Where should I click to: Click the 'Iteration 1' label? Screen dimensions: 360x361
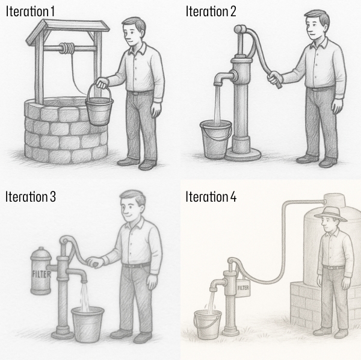point(30,11)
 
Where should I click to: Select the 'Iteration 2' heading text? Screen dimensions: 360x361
point(212,11)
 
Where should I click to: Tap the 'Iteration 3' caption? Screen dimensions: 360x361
point(31,196)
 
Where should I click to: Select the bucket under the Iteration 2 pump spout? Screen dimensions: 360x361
point(215,138)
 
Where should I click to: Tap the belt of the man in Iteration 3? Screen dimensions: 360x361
point(137,265)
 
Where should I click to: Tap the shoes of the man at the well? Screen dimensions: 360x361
point(138,163)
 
